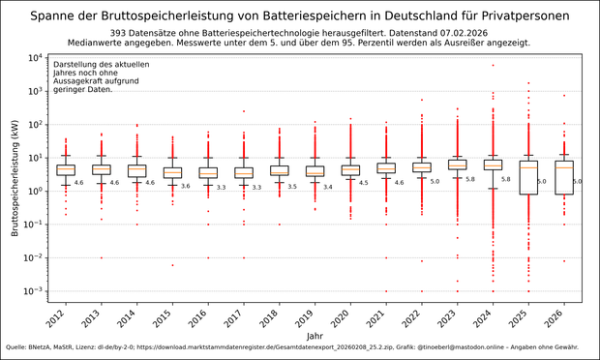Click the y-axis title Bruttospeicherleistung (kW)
point(15,174)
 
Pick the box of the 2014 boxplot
point(137,170)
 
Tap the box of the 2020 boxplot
point(350,170)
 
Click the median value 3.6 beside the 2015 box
point(185,186)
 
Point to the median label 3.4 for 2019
point(327,187)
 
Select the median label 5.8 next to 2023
point(469,179)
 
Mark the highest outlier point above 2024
point(493,66)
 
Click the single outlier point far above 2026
point(564,96)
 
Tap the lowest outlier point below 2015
point(173,265)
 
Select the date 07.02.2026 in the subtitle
point(439,33)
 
